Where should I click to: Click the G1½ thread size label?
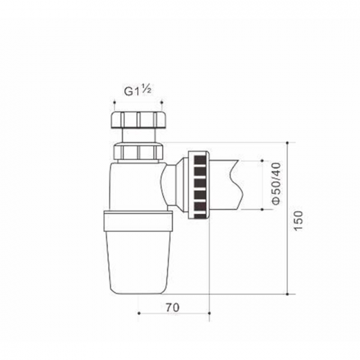click(x=138, y=91)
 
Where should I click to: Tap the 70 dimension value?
click(x=172, y=307)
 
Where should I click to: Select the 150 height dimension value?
click(x=298, y=220)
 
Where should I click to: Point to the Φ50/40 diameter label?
click(x=276, y=183)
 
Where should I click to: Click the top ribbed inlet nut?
click(x=138, y=120)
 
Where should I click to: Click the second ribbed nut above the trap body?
click(x=138, y=151)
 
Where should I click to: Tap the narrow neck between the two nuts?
click(x=138, y=136)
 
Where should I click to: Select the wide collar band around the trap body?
click(x=138, y=221)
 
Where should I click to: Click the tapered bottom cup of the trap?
click(x=138, y=262)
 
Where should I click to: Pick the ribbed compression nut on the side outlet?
click(x=199, y=185)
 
